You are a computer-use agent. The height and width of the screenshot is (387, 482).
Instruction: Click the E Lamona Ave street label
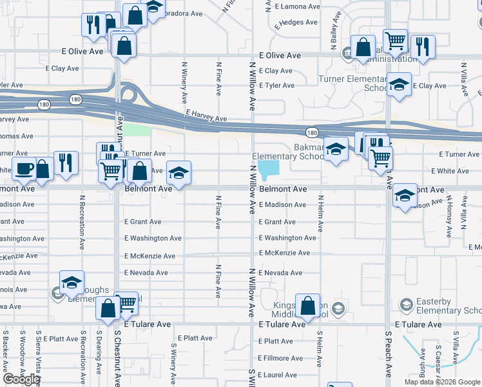pyautogui.click(x=298, y=6)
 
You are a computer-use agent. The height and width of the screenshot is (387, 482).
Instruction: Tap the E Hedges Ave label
pyautogui.click(x=296, y=23)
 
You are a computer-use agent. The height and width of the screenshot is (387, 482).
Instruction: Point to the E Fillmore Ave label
pyautogui.click(x=281, y=358)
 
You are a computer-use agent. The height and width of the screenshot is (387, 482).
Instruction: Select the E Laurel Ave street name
pyautogui.click(x=276, y=375)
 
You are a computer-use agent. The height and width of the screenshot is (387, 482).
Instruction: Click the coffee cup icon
pyautogui.click(x=24, y=168)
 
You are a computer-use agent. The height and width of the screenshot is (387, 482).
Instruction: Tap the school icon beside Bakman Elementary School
pyautogui.click(x=335, y=150)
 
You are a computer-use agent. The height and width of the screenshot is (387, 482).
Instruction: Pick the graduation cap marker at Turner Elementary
pyautogui.click(x=400, y=84)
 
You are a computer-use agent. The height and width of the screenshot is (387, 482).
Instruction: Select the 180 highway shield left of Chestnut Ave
pyautogui.click(x=75, y=99)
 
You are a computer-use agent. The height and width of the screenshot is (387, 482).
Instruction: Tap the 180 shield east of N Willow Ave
pyautogui.click(x=312, y=132)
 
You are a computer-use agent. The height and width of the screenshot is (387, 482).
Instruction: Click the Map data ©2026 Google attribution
pyautogui.click(x=441, y=382)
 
